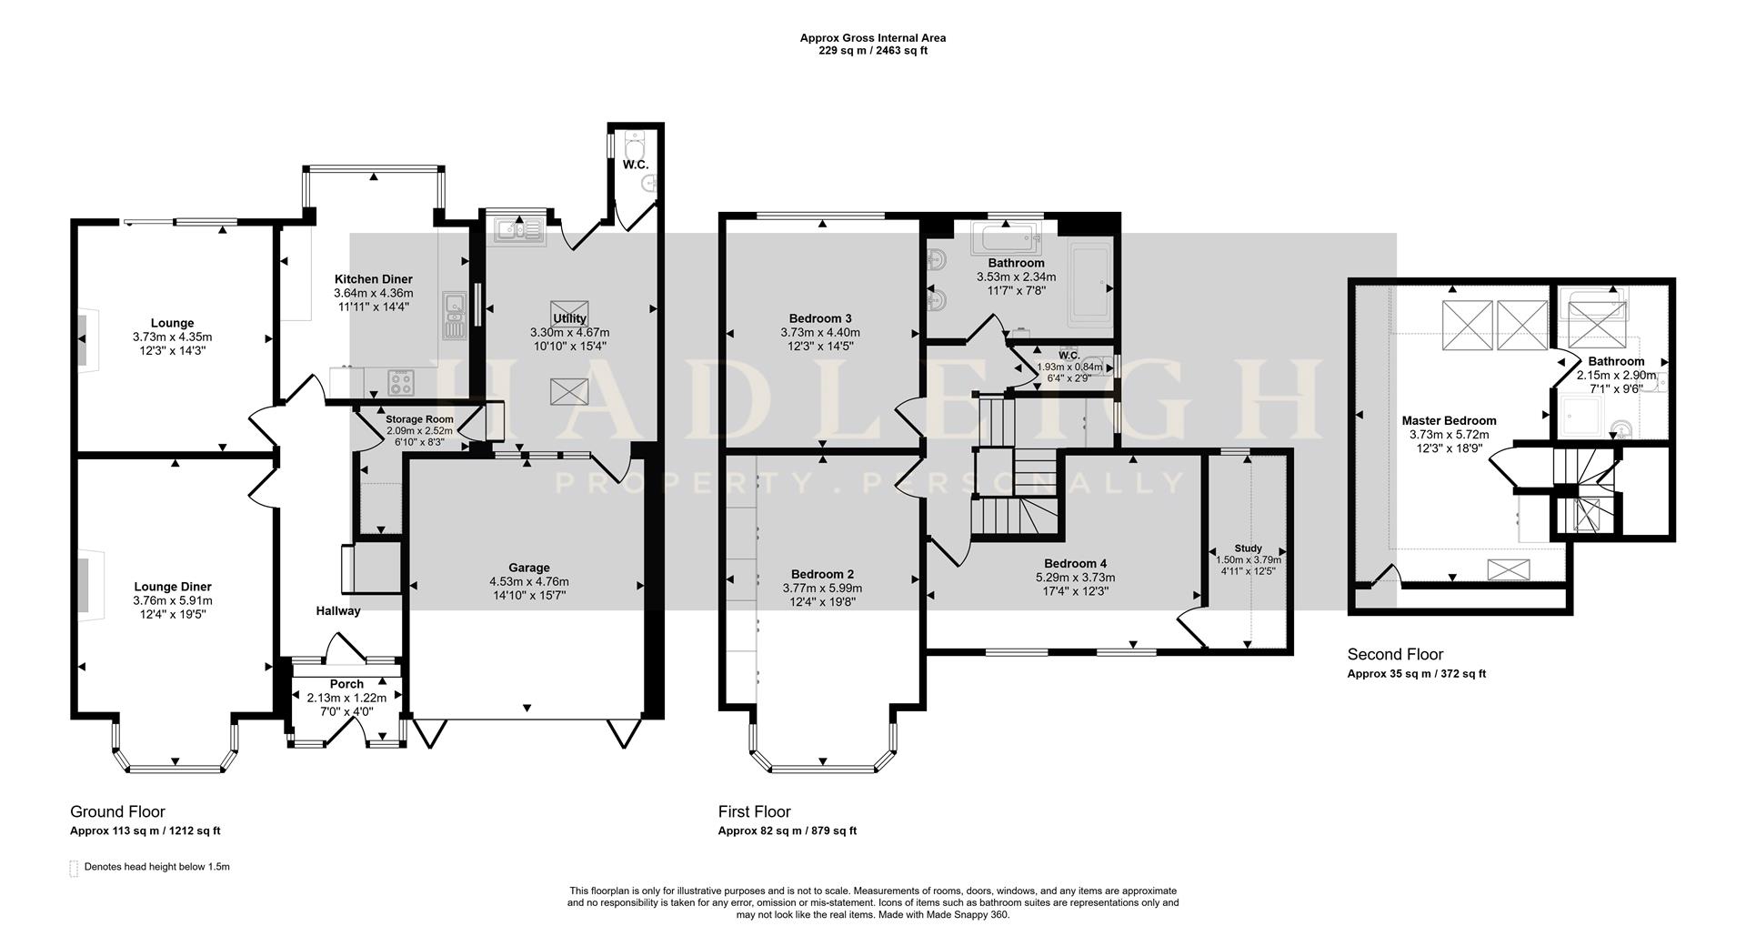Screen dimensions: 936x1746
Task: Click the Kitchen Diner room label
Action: tap(373, 279)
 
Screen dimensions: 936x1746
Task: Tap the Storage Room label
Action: tap(419, 419)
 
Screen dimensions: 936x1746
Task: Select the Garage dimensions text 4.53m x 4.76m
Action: tap(528, 582)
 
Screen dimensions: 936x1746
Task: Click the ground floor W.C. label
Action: tap(635, 165)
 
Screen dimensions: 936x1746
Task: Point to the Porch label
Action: tap(346, 684)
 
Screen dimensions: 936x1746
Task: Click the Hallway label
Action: tap(338, 611)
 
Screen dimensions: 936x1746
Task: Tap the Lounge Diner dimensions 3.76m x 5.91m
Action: tap(173, 600)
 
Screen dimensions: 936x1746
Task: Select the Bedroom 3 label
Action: tap(820, 318)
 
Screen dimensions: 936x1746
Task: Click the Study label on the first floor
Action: tap(1248, 549)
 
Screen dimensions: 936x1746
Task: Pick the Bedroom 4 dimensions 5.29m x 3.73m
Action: tap(1075, 578)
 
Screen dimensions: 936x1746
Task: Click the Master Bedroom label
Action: tap(1449, 420)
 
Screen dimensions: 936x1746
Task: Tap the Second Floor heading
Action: tap(1395, 654)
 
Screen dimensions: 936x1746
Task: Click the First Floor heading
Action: tap(754, 811)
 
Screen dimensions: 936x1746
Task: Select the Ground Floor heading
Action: tap(117, 811)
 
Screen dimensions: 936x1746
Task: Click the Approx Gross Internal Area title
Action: tap(872, 38)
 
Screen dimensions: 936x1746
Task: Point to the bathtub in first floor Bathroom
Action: tap(1007, 237)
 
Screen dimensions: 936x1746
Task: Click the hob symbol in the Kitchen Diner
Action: tap(400, 381)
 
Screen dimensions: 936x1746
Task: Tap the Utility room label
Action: tap(569, 318)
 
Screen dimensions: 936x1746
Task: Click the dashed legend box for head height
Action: tap(74, 868)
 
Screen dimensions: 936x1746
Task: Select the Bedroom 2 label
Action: tap(822, 574)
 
